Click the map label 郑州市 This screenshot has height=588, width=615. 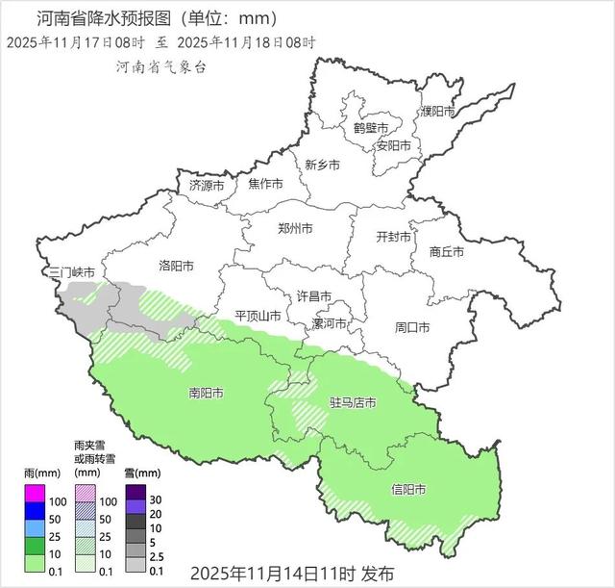coord(294,230)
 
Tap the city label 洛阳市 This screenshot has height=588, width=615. coord(176,266)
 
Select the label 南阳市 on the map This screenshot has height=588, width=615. coord(207,394)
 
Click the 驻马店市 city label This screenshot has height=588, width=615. coord(353,402)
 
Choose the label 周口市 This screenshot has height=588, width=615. coord(412,327)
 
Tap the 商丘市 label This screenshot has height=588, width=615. coord(446,252)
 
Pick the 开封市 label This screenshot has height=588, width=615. coord(393,237)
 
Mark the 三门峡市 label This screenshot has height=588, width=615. coord(72,273)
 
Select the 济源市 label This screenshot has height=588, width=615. coord(207,185)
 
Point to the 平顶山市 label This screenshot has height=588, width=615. coord(258,317)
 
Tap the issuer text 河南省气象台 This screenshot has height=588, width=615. coord(160,67)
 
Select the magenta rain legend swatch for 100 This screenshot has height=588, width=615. coord(35,494)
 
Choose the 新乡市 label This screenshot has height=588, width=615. coord(322,166)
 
